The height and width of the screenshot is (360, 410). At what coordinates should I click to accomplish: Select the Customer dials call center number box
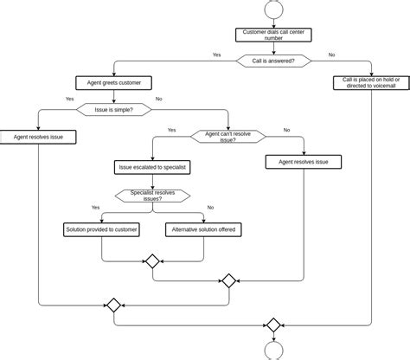[273, 35]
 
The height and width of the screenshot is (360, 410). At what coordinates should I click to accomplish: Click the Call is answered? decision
[273, 61]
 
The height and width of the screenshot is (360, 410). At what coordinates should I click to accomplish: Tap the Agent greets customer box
[115, 83]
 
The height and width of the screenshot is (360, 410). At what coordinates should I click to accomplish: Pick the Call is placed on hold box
[372, 82]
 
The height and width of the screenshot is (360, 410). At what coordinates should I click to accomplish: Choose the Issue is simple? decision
[115, 110]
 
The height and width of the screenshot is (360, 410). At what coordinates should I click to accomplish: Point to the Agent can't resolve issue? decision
[228, 136]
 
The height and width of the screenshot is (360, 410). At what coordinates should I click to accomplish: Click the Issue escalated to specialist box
[153, 166]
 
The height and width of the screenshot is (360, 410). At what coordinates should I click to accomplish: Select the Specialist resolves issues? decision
[153, 196]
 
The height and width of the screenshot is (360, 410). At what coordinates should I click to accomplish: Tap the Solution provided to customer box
[102, 229]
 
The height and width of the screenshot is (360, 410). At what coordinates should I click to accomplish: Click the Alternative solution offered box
[203, 229]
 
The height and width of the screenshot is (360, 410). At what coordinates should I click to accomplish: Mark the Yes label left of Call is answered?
[216, 55]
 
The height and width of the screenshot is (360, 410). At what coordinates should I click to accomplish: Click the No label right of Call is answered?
[332, 55]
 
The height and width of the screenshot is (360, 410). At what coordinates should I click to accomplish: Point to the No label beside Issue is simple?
[158, 99]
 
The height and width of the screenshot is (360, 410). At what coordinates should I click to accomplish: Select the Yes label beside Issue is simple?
[69, 99]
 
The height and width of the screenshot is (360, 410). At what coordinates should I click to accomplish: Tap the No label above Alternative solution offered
[210, 208]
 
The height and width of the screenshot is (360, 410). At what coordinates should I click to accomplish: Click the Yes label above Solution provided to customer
[95, 208]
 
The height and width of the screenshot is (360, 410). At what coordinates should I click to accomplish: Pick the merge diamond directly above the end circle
[273, 325]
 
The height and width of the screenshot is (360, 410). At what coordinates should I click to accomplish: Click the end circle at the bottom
[273, 351]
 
